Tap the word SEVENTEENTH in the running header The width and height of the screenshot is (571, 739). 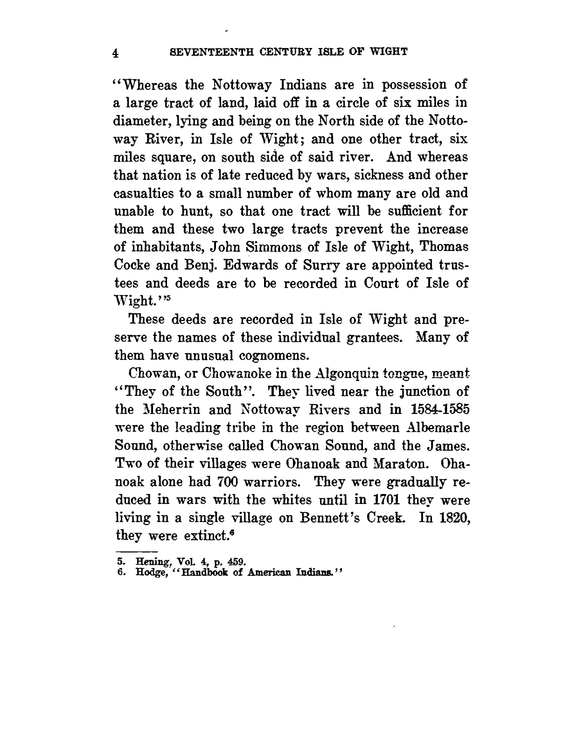click(201, 51)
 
